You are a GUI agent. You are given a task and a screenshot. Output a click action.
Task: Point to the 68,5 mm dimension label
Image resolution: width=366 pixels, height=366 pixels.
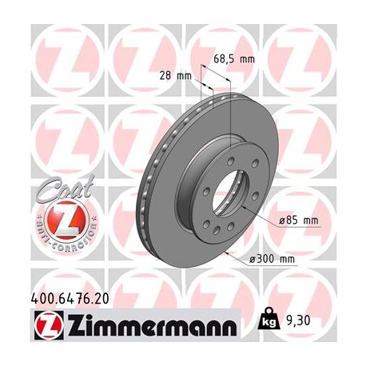point(234,58)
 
